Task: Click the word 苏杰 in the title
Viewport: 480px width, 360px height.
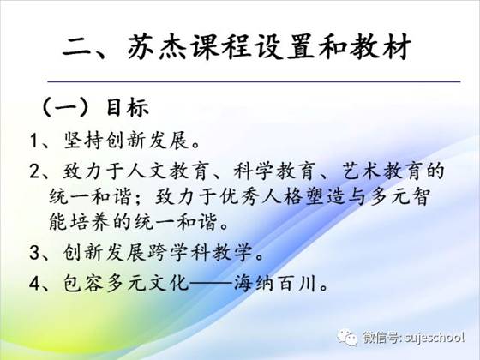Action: pos(157,48)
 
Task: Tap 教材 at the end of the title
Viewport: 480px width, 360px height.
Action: pos(381,48)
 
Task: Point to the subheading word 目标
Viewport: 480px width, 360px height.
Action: pos(128,107)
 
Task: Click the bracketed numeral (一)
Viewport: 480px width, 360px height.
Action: pos(64,107)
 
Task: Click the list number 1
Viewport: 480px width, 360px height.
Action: pos(33,141)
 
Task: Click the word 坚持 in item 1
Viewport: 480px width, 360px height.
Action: pos(83,141)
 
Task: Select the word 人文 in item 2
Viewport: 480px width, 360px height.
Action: pos(147,171)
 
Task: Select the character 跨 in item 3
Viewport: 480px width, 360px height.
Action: pos(159,253)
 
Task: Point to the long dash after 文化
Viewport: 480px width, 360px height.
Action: pos(211,284)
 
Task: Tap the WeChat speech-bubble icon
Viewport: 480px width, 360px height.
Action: pos(347,338)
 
